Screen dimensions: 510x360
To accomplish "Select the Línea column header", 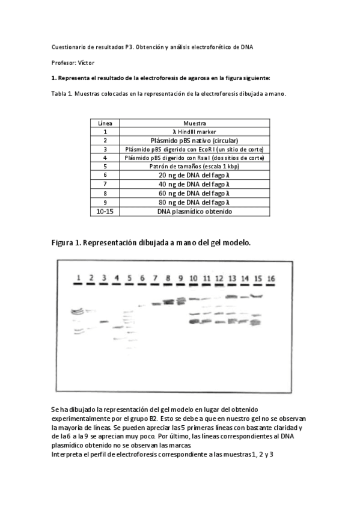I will click(x=105, y=123).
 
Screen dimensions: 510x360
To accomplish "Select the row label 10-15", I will click(x=105, y=212).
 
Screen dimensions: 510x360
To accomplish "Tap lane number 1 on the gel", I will click(x=78, y=277).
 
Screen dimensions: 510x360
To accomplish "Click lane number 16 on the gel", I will click(x=271, y=278).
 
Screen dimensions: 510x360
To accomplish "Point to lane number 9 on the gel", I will click(x=180, y=278).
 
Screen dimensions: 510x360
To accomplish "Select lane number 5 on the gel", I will click(x=129, y=278).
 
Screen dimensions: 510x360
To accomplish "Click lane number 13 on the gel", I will click(x=232, y=278).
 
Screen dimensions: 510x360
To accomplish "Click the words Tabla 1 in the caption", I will click(x=61, y=94).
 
